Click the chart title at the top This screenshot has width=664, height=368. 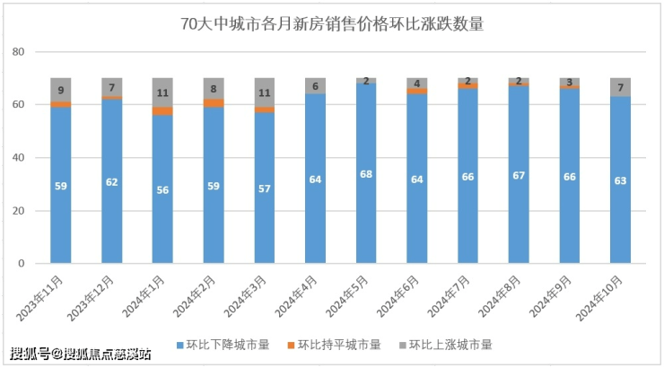pos(332,24)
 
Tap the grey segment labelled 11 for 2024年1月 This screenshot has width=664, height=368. pos(162,92)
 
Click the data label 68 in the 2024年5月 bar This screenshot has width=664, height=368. pos(366,173)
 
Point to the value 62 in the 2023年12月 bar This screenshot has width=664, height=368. pos(112,182)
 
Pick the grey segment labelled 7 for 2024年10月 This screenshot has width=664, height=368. pos(620,87)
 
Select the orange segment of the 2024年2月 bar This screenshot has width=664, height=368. pos(214,103)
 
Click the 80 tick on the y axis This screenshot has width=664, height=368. pos(18,52)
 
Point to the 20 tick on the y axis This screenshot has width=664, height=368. pos(18,211)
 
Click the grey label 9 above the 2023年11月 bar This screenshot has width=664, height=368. pos(61,90)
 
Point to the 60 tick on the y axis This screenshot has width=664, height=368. pos(18,105)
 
